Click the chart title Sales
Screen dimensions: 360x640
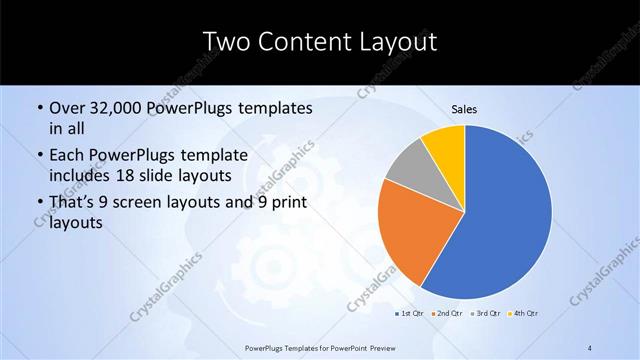[x=463, y=109]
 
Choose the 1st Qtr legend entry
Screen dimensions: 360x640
[x=409, y=314]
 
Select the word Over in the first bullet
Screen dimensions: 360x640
[x=65, y=108]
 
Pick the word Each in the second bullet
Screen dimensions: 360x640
[x=66, y=154]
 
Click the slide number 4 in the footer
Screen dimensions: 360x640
[x=590, y=347]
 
